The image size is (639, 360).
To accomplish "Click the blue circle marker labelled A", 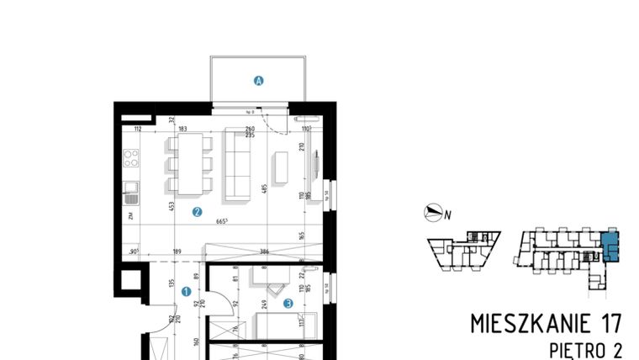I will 259,81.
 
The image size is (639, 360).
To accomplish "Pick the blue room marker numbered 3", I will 287,304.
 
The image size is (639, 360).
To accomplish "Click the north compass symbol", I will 434,214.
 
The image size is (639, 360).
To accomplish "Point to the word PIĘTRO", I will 578,347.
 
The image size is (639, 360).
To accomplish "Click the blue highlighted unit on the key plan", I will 611,246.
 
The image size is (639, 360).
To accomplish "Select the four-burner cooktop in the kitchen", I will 131,157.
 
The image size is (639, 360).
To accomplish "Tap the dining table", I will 189,163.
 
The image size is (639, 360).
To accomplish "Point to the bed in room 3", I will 286,324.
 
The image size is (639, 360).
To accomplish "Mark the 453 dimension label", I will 172,204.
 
